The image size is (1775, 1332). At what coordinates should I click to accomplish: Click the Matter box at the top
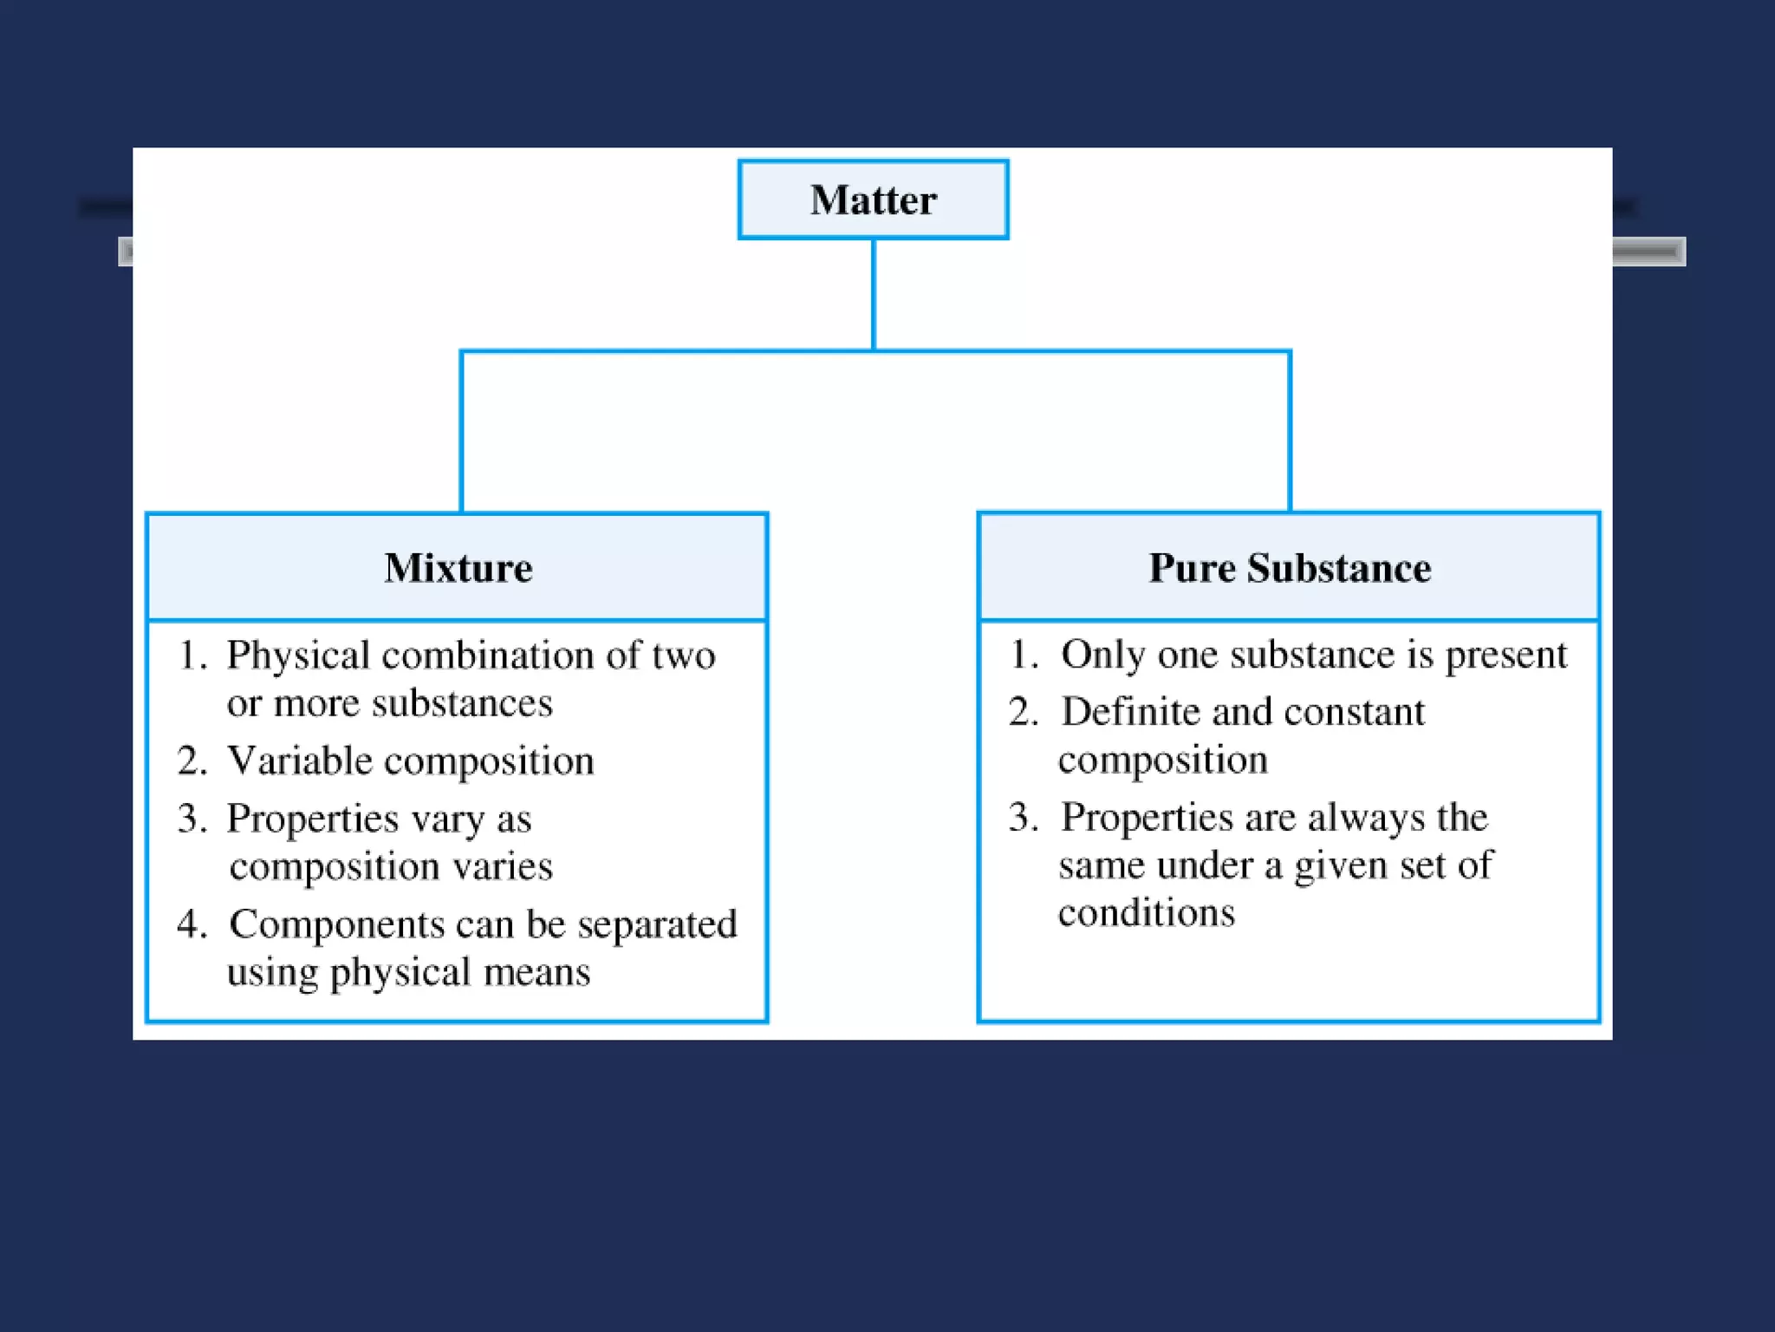pos(873,199)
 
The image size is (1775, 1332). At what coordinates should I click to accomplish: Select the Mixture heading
pos(458,568)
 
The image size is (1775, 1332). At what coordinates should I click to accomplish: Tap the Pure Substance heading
pos(1289,568)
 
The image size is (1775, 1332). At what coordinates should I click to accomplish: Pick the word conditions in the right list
pos(1146,912)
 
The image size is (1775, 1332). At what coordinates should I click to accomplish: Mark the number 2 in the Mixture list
pos(190,761)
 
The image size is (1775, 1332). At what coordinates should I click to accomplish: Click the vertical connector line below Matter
pos(873,295)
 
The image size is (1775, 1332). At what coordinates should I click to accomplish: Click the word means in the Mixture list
pos(536,972)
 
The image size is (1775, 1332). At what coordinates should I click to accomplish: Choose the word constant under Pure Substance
pos(1354,712)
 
